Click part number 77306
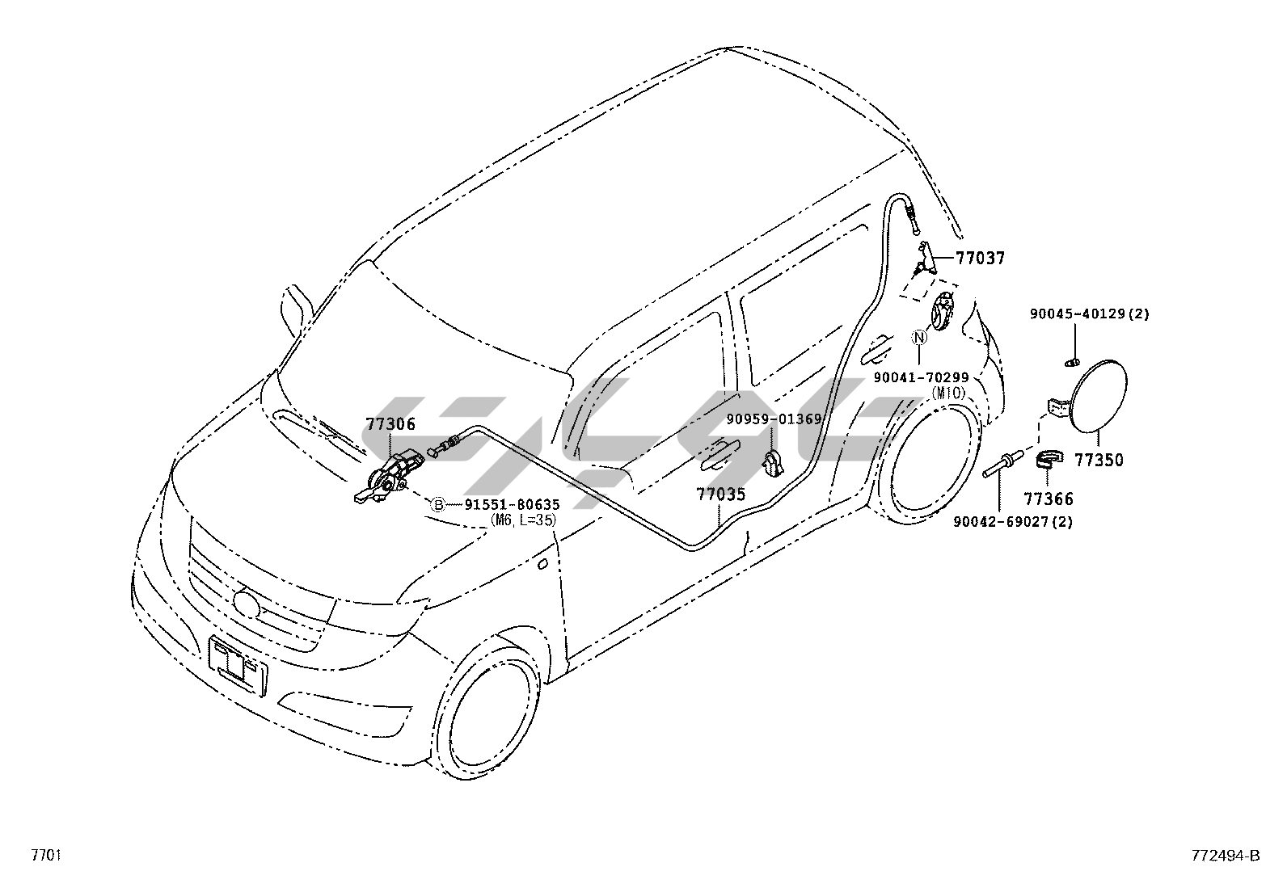(x=390, y=424)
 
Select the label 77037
(x=980, y=259)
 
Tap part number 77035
(x=721, y=494)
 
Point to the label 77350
(x=1099, y=461)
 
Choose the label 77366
(x=1049, y=499)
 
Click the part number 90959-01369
(x=774, y=419)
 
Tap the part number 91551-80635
(x=512, y=505)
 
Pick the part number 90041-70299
(x=921, y=377)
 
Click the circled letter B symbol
(x=437, y=505)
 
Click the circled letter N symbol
(x=920, y=339)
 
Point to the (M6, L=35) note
(x=523, y=521)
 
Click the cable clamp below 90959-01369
(x=773, y=462)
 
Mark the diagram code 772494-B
(x=1225, y=856)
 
